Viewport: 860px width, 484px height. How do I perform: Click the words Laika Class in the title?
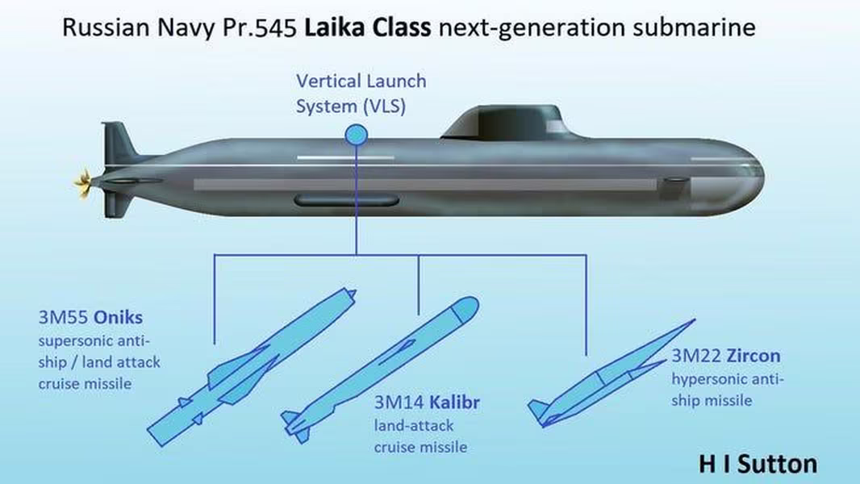click(x=367, y=27)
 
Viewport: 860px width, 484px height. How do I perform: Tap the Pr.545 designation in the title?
click(x=260, y=27)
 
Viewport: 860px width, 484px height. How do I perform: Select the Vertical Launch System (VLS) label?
click(x=361, y=94)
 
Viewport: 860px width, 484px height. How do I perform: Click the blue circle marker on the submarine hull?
click(x=356, y=135)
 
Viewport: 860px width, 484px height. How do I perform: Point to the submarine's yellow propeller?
click(x=83, y=184)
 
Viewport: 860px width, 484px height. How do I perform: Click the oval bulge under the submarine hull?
click(x=347, y=200)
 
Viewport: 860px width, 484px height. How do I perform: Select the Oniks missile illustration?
click(x=252, y=366)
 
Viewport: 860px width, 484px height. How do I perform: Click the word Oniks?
click(x=118, y=317)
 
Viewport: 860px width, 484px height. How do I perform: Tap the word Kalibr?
click(x=455, y=403)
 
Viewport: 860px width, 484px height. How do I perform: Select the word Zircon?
click(x=753, y=356)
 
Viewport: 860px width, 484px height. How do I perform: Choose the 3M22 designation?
click(x=697, y=356)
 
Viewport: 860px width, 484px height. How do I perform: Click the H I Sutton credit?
click(x=758, y=465)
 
